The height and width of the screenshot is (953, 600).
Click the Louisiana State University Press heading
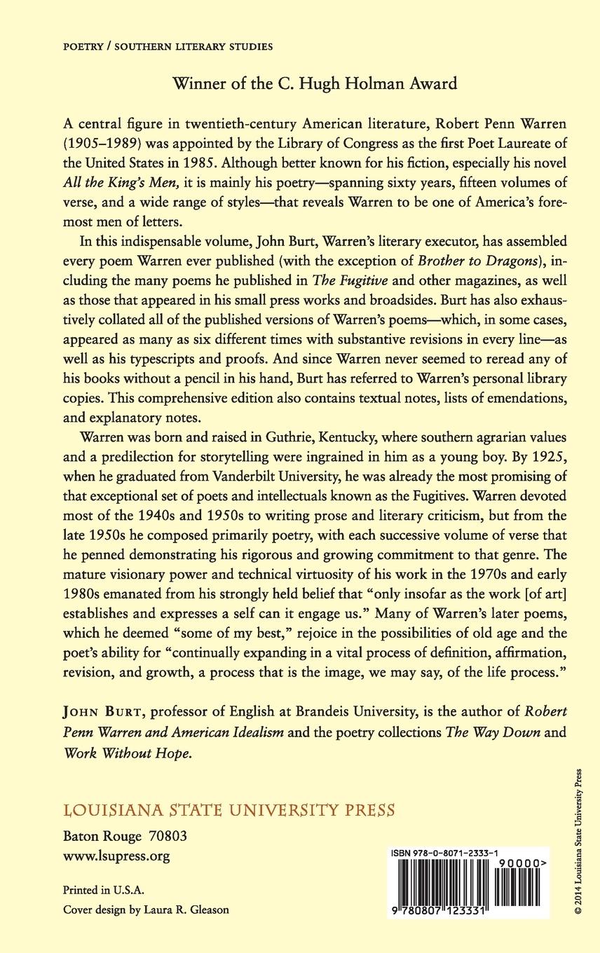229,811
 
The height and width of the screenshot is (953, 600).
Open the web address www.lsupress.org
116,856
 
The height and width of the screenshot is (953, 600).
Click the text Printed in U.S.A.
103,891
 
